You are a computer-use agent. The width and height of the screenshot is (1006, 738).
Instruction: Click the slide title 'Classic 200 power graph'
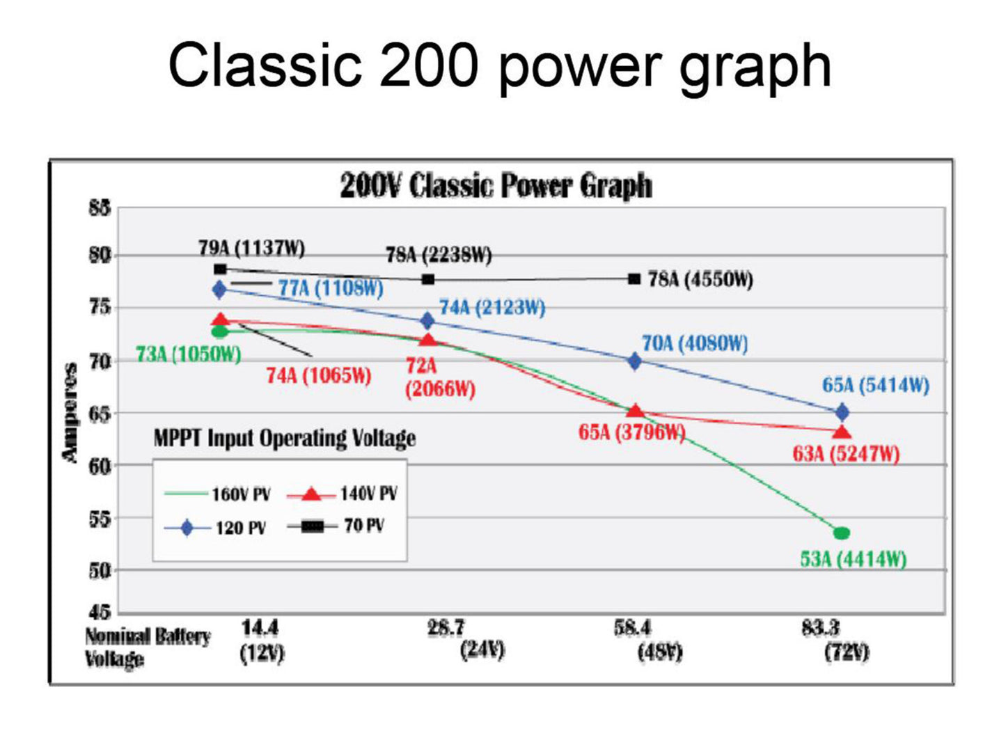(x=500, y=65)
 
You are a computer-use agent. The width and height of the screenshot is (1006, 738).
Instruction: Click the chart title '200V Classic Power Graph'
(x=496, y=186)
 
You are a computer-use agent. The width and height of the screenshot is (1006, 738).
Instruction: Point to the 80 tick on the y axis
(x=99, y=256)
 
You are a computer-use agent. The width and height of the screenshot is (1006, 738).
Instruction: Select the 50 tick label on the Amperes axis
(x=99, y=570)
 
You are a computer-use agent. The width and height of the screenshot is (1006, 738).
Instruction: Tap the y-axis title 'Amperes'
(x=70, y=412)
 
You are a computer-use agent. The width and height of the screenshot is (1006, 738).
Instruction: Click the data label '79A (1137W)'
(x=251, y=248)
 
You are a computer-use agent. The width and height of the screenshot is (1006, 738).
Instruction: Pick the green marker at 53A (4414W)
(x=842, y=533)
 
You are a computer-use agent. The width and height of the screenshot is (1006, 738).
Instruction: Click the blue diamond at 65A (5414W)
(x=842, y=412)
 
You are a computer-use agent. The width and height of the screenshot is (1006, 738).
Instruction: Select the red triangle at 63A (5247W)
(x=842, y=433)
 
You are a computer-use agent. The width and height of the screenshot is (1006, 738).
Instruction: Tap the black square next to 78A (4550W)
(x=634, y=279)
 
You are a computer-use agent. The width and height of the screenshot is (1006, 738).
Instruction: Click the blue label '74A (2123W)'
(x=492, y=308)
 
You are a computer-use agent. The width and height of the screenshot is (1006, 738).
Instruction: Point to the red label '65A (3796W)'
(x=631, y=432)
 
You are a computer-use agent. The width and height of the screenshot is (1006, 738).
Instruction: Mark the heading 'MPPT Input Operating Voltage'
(x=284, y=438)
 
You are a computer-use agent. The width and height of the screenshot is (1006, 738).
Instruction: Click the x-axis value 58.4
(x=632, y=628)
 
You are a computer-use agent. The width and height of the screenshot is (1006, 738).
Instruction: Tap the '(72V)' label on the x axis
(x=847, y=652)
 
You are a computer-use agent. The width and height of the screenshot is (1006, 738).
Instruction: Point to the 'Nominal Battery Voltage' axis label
(x=148, y=647)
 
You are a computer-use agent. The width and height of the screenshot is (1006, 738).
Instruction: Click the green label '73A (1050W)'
(x=189, y=354)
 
